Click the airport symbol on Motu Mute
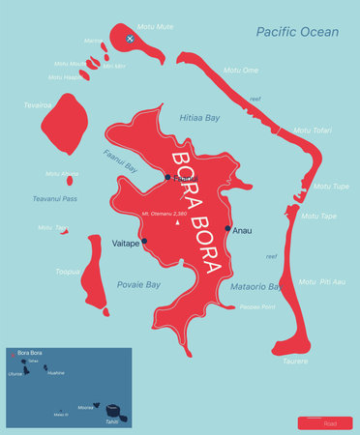point(131,39)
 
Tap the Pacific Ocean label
point(297,33)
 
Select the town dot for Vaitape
point(145,241)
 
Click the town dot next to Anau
point(228,229)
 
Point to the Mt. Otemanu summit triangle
point(177,223)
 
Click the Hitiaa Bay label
point(200,116)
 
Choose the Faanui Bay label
point(121,159)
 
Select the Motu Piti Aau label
point(321,281)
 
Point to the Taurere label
point(296,361)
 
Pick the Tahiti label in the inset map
point(113,420)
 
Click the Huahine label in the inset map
point(56,372)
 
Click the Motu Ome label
point(241,71)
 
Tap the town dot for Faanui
point(167,177)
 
